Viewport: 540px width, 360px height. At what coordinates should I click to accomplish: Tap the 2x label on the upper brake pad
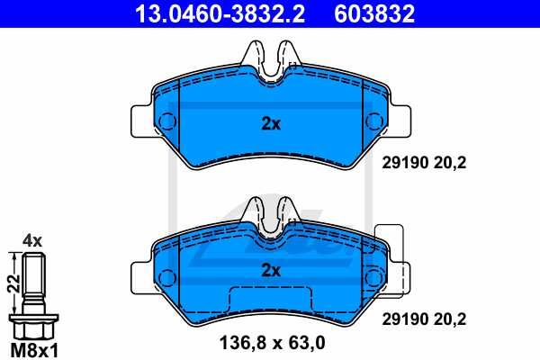(x=271, y=124)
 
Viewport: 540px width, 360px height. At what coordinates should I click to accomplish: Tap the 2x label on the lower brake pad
(x=271, y=269)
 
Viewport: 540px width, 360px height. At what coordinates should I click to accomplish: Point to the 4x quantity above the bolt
(x=32, y=240)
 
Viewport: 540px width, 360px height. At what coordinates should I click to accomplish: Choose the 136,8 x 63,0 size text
(x=271, y=342)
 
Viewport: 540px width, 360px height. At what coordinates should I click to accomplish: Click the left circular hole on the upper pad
(x=167, y=121)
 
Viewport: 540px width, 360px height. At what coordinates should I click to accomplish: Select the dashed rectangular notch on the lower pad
(x=269, y=301)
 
